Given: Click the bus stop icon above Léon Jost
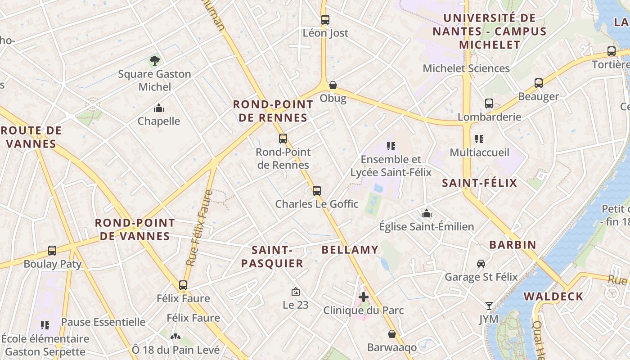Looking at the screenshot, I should pos(325,20).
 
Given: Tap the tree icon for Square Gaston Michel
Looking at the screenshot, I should pos(154,60).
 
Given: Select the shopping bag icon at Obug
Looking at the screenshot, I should pos(333,85).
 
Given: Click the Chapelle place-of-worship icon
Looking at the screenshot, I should pos(159,108).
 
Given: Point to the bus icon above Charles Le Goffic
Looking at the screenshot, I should pos(317,190).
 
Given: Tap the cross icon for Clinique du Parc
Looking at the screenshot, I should pos(364,297).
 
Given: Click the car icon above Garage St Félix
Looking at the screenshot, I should pos(481,263).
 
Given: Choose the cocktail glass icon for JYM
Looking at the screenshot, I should pos(489,306).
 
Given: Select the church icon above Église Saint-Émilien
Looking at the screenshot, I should pos(426,213).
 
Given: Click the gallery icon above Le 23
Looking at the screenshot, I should pos(296,292).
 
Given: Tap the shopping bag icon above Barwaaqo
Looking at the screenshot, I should pos(392,334).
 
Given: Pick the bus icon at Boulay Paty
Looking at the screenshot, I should pos(52,250).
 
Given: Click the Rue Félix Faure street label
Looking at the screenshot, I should pos(201,228).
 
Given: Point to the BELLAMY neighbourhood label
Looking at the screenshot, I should pos(350,250).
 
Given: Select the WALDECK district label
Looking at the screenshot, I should pos(553,297).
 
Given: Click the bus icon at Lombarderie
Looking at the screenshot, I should pos(489,103).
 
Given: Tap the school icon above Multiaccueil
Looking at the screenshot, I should pos(479,139).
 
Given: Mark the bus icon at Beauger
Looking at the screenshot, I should pos(539,83).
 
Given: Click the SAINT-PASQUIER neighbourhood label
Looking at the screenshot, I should pos(272,256).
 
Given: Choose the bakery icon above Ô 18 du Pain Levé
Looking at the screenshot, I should pos(175,336).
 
